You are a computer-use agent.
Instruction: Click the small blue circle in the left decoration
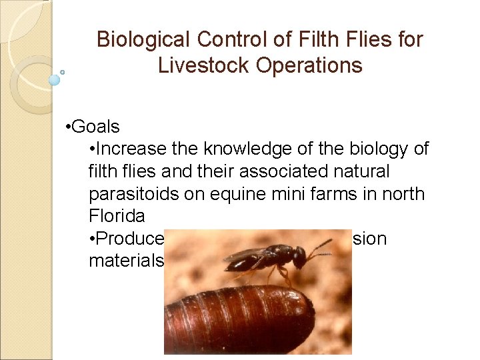point(55,80)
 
